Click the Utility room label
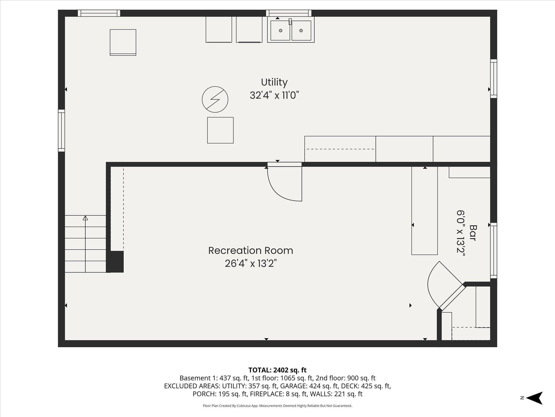[x=274, y=82]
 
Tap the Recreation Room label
[x=251, y=251]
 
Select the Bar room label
[x=473, y=233]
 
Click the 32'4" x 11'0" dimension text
[x=274, y=95]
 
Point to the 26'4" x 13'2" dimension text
[x=251, y=263]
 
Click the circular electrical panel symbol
[x=215, y=99]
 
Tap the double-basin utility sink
[x=291, y=30]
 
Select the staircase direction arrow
[x=85, y=244]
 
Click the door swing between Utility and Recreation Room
[x=285, y=190]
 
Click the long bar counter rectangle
[x=424, y=211]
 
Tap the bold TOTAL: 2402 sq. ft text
[x=277, y=370]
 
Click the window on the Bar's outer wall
[x=493, y=251]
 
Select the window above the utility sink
[x=289, y=13]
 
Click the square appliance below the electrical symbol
[x=220, y=130]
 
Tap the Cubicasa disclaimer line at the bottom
[x=277, y=406]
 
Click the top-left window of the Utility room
[x=99, y=13]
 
